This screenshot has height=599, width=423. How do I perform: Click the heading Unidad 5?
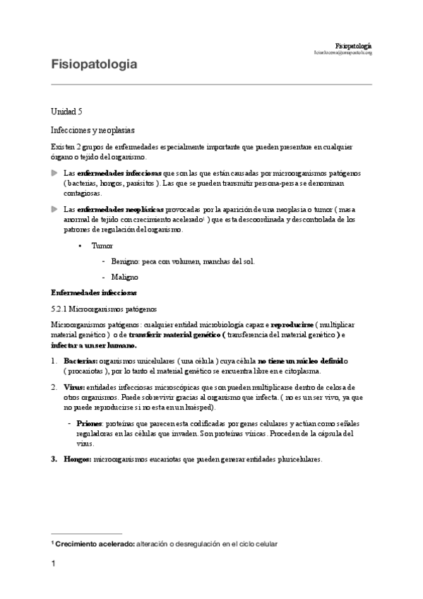click(x=67, y=112)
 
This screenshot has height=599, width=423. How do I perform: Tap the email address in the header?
click(x=343, y=52)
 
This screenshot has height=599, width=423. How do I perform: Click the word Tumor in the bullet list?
click(x=102, y=245)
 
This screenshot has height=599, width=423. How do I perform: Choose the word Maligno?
click(x=124, y=277)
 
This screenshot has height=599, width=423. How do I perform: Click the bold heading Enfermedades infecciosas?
click(x=94, y=292)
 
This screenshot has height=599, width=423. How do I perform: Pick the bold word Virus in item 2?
click(x=74, y=387)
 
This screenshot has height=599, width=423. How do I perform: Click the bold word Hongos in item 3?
click(x=78, y=458)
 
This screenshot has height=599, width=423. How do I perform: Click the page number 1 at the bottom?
click(x=53, y=564)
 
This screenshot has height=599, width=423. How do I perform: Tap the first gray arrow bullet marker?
click(x=55, y=172)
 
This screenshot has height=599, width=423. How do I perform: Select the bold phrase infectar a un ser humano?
click(x=94, y=345)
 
